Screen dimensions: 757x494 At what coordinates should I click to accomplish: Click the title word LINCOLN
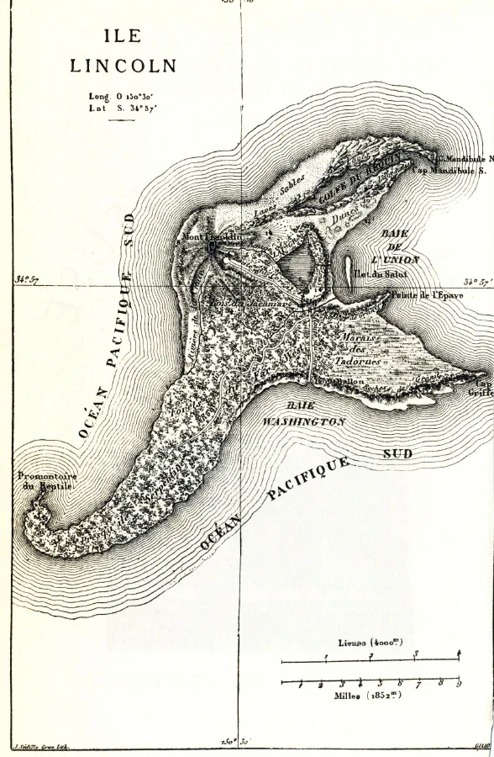coord(123,66)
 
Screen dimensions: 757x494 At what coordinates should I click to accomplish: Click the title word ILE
coord(123,37)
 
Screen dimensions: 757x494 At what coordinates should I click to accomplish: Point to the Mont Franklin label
coord(211,238)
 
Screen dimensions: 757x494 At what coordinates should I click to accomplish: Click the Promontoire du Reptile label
coord(46,481)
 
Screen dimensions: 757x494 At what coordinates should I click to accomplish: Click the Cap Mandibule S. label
coord(449,170)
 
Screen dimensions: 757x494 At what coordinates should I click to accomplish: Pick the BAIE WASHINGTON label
coord(302,413)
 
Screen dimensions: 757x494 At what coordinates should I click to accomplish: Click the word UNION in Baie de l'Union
coord(396,261)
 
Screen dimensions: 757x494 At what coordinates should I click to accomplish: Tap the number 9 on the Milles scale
coord(459,684)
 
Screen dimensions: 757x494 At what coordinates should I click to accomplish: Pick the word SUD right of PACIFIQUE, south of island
coord(399,454)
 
